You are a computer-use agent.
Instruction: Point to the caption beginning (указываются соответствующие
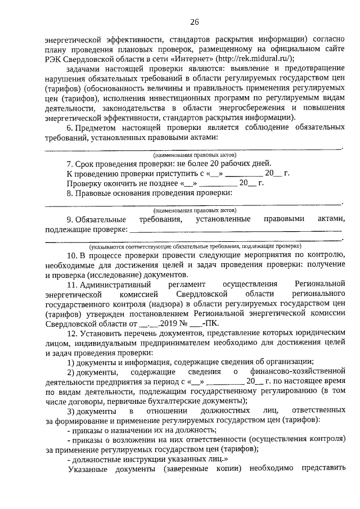195,246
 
